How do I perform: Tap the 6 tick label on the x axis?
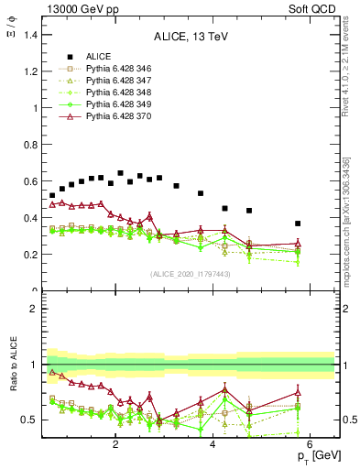[x=311, y=445]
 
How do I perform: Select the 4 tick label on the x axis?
[x=213, y=445]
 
